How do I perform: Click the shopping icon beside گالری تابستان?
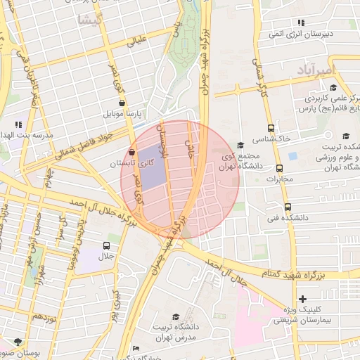pos(132,152)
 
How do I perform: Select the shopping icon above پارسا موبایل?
pos(122,103)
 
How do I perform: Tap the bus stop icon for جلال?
pos(106,245)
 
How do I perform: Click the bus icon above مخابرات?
pos(280,169)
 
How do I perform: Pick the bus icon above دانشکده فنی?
pos(288,207)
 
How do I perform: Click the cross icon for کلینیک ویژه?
pos(303,299)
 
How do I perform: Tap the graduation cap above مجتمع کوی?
pos(240,144)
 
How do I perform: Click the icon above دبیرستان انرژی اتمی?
pos(301,23)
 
